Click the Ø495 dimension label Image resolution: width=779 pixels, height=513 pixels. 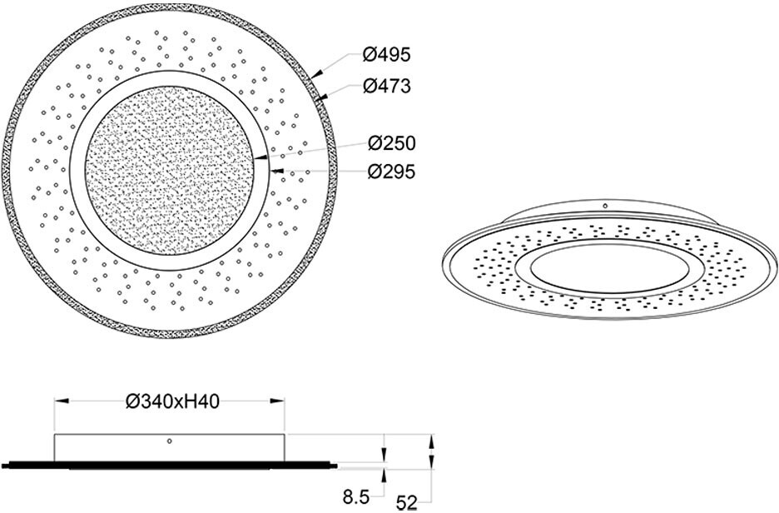coord(387,56)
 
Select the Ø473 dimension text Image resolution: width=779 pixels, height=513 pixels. coord(387,87)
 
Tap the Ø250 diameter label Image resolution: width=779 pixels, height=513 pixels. coord(390,142)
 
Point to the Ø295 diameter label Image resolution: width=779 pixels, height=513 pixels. coord(390,172)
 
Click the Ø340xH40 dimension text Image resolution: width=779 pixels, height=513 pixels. coord(171,401)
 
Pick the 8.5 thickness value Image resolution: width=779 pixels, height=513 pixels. coord(355,499)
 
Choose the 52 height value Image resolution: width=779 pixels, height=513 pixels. coord(407,502)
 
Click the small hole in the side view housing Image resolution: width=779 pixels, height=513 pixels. coord(170,441)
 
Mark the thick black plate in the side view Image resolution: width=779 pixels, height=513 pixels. coord(166,462)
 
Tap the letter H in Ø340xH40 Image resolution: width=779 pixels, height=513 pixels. coord(187,401)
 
